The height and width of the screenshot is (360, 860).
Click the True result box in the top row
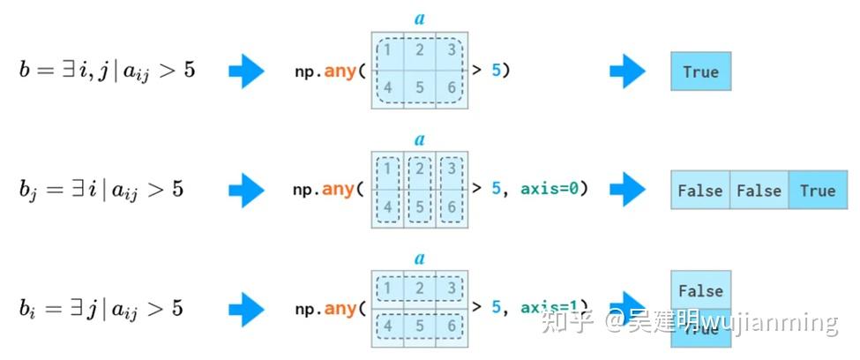(x=700, y=71)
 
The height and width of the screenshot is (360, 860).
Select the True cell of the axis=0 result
(x=818, y=190)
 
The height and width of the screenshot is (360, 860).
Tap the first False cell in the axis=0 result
(x=700, y=190)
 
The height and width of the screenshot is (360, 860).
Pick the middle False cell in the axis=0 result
(x=759, y=190)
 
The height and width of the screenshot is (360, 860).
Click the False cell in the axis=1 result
(x=700, y=290)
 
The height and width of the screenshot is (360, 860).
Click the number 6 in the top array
(x=452, y=88)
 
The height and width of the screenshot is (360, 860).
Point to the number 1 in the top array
(x=387, y=49)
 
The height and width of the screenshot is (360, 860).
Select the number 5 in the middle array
(x=420, y=206)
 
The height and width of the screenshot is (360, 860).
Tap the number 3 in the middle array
(x=452, y=168)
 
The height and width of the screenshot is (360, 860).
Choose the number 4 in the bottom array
(x=387, y=326)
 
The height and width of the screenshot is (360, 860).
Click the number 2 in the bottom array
(x=420, y=288)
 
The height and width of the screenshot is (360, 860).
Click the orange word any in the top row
(x=339, y=71)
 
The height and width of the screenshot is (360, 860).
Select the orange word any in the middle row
(x=339, y=189)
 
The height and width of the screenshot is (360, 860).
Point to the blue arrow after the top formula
(x=246, y=71)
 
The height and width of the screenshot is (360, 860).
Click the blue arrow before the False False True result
(x=627, y=189)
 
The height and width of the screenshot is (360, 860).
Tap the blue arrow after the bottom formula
(x=246, y=308)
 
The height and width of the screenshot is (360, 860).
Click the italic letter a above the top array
(x=420, y=19)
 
